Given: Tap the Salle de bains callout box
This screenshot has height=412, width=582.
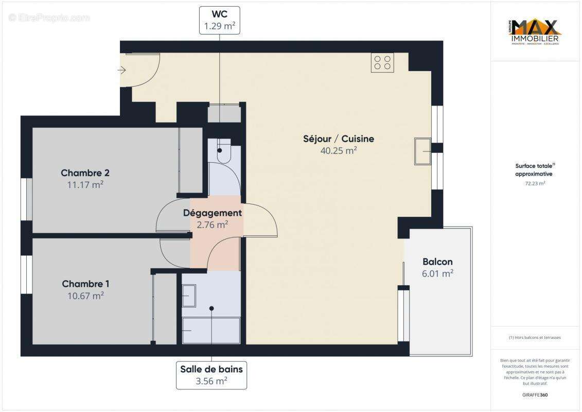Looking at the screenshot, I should pos(211,375).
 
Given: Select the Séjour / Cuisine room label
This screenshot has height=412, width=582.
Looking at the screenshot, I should pos(338,139).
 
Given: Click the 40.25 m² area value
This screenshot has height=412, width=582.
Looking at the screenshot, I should pos(338,151).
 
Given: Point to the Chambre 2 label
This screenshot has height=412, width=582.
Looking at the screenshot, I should pos(85,173).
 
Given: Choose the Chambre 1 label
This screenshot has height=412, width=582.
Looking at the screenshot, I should pos(85,284).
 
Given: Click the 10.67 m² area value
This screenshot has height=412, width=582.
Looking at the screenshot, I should pos(85,296).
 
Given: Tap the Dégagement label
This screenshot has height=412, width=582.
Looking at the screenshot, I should pos(213,213).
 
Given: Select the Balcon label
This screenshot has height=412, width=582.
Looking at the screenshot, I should pos(437,262).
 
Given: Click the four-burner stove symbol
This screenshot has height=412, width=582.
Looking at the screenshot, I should pos(382,62).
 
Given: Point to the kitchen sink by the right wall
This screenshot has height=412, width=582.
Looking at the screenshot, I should pos(423,151).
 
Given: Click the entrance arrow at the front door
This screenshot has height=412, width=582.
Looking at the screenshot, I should pos(122,70).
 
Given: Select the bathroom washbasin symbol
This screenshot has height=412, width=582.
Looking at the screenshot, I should pos(188,296).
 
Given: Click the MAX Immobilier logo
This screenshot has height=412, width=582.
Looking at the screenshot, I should pos(535,32).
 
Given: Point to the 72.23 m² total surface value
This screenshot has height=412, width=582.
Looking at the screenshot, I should pos(535,183).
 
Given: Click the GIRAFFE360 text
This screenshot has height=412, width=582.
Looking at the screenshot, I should pos(535,395).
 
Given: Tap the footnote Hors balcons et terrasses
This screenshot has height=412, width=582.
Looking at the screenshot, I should pos(535,337).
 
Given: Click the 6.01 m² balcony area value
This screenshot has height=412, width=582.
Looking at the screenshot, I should pos(437,274).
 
